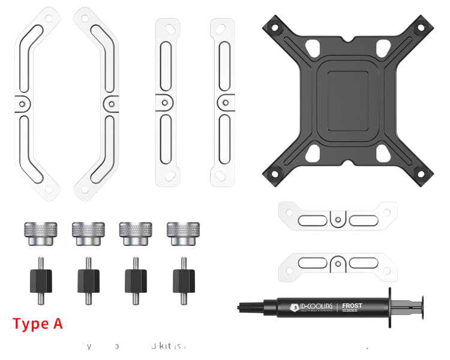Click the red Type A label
pos(37,324)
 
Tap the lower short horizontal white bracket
pos(338,265)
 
